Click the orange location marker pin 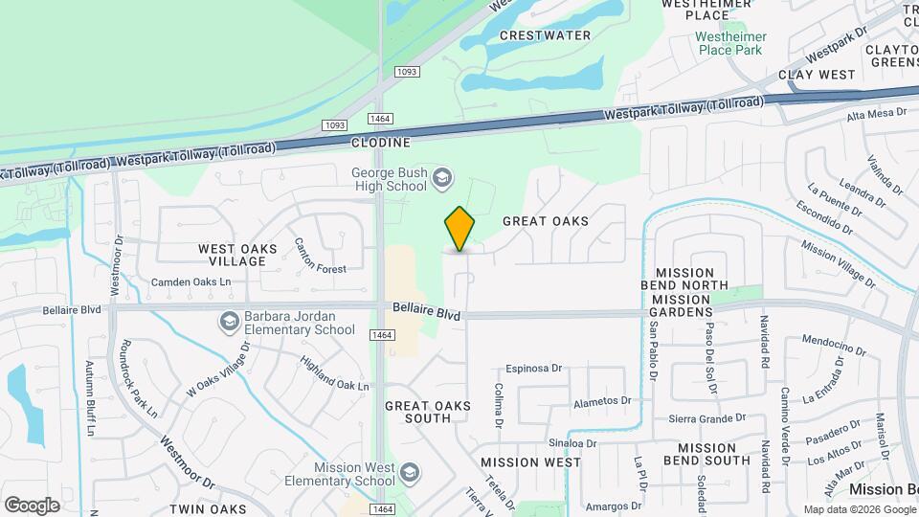(x=459, y=230)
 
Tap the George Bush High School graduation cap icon (x=441, y=177)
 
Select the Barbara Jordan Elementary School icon (x=229, y=322)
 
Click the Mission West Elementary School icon (x=410, y=473)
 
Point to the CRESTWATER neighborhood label (x=545, y=35)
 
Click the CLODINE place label (x=380, y=143)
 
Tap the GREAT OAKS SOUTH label (x=428, y=412)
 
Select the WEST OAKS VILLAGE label (x=237, y=256)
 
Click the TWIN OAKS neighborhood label (x=208, y=508)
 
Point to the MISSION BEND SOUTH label (x=713, y=454)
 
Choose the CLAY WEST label (x=817, y=75)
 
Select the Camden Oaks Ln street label (x=191, y=282)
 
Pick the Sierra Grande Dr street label (x=706, y=418)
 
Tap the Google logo (x=32, y=506)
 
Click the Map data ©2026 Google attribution (x=859, y=509)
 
